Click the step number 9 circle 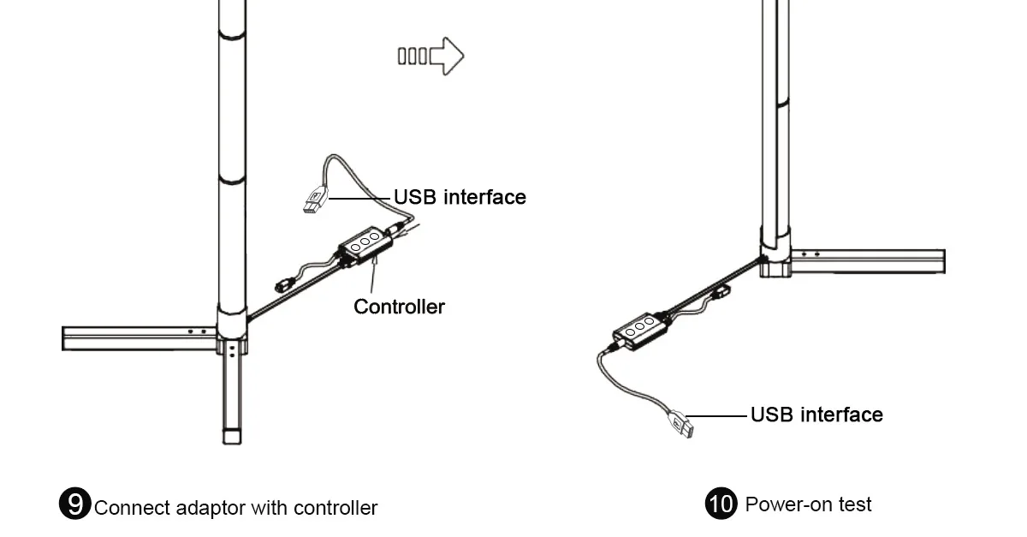coord(74,504)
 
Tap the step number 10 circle coord(721,504)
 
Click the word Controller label coord(399,307)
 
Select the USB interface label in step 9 coord(460,197)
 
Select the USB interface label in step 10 coord(816,415)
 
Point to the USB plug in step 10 coord(680,424)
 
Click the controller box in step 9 coord(365,245)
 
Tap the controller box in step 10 coord(640,331)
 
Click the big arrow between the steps coord(431,57)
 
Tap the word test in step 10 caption coord(855,504)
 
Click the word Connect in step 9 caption coord(133,508)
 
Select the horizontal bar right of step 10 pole coord(868,261)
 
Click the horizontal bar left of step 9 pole coord(140,338)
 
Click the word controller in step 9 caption coord(335,508)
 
